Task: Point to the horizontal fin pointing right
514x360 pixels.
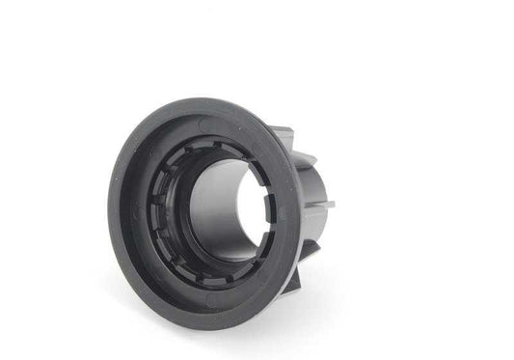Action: pyautogui.click(x=322, y=204)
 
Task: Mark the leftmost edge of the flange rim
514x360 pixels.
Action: pyautogui.click(x=110, y=207)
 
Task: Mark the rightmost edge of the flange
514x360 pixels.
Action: pyautogui.click(x=300, y=208)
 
